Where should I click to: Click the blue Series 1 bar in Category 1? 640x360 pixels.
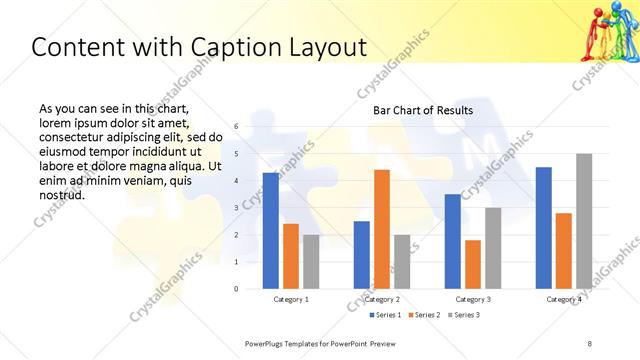[x=270, y=231]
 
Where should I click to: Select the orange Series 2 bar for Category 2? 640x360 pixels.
[x=382, y=229]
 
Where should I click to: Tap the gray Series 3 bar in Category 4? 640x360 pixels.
[x=584, y=221]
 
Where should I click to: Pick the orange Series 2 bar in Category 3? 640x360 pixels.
[x=472, y=264]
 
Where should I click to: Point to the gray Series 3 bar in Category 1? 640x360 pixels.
[x=311, y=262]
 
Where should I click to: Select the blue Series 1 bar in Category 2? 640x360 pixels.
[x=361, y=255]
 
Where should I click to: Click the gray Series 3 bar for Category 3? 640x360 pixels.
[x=493, y=248]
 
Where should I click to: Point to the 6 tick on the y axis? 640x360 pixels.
[x=236, y=127]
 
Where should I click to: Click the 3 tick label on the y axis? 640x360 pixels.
[x=236, y=208]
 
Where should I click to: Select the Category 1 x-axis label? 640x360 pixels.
[x=290, y=299]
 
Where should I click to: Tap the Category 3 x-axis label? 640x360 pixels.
[x=472, y=299]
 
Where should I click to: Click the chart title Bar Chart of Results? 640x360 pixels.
[x=423, y=110]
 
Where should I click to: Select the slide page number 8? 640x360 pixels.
[x=589, y=343]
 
